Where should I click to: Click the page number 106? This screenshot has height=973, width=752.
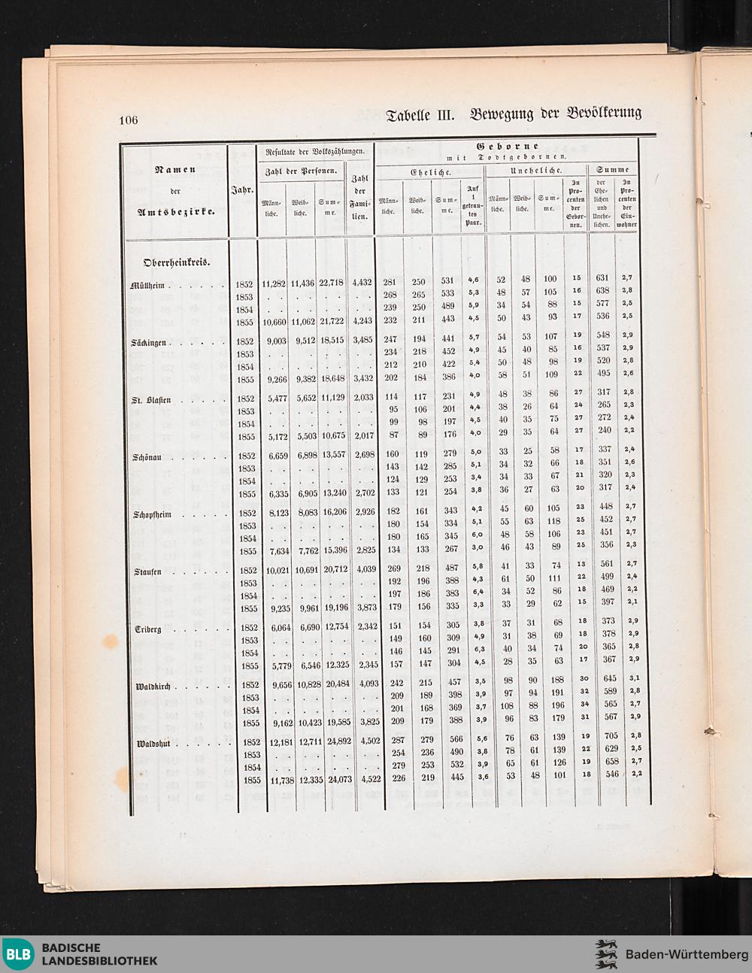pyautogui.click(x=128, y=120)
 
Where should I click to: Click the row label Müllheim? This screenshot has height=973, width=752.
pyautogui.click(x=147, y=285)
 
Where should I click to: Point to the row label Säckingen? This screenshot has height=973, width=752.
pyautogui.click(x=147, y=343)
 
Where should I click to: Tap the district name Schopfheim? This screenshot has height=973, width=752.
pyautogui.click(x=151, y=514)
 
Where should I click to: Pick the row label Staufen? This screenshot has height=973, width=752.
pyautogui.click(x=144, y=571)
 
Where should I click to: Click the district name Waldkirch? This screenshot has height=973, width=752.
pyautogui.click(x=150, y=687)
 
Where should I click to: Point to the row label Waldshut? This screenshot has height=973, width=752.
pyautogui.click(x=150, y=744)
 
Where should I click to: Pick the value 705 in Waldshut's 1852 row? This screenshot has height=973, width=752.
pyautogui.click(x=602, y=736)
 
